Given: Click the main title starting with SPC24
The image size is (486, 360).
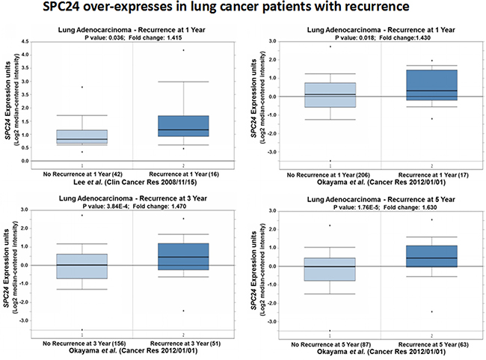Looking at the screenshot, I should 243,9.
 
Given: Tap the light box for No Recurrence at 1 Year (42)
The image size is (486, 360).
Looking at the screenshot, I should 81,136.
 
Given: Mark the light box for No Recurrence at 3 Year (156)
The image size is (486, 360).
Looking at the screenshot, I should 81,266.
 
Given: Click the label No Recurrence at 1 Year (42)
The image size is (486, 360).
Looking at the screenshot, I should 81,172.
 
